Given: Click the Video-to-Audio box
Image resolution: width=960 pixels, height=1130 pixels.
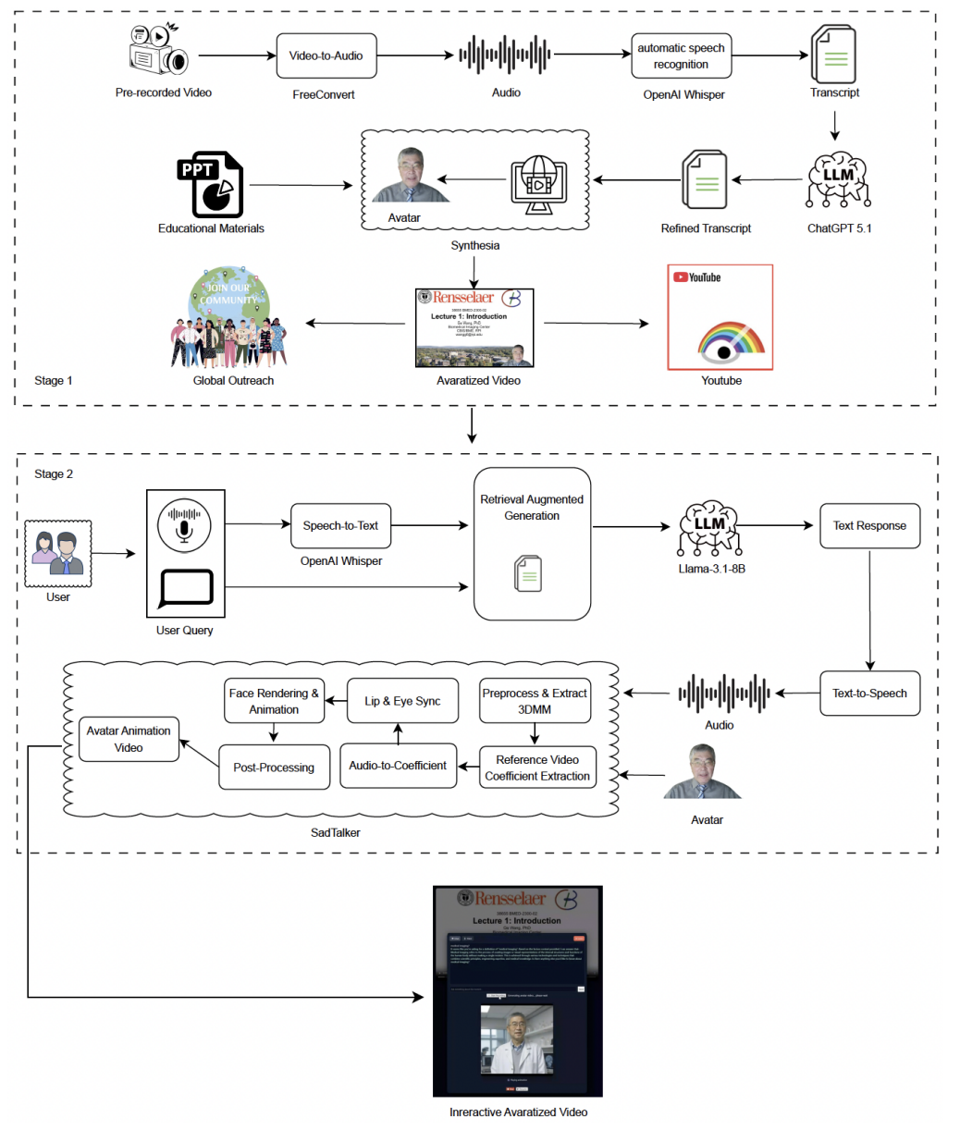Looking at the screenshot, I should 326,55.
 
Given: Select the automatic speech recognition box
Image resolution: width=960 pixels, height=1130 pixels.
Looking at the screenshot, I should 681,56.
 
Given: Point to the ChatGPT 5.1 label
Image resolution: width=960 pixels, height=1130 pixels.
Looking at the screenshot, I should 839,228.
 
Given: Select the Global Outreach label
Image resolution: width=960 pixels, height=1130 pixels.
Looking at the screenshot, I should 233,380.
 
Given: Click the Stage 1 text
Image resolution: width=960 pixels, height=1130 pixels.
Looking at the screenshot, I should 54,380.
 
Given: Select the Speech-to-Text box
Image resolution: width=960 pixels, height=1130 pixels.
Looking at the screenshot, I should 340,525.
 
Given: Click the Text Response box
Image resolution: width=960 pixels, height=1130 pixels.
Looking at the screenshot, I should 869,525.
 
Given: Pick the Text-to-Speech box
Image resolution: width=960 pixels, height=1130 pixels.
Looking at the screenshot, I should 869,693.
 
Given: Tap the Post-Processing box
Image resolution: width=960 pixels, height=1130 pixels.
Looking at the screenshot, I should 274,768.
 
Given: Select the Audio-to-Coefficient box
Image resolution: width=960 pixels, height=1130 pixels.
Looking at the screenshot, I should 398,766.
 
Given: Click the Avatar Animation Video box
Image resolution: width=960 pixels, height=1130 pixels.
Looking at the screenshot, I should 129,739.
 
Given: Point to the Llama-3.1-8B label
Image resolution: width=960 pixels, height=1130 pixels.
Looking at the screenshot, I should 711,569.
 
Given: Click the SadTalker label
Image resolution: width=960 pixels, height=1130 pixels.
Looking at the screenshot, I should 335,832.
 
